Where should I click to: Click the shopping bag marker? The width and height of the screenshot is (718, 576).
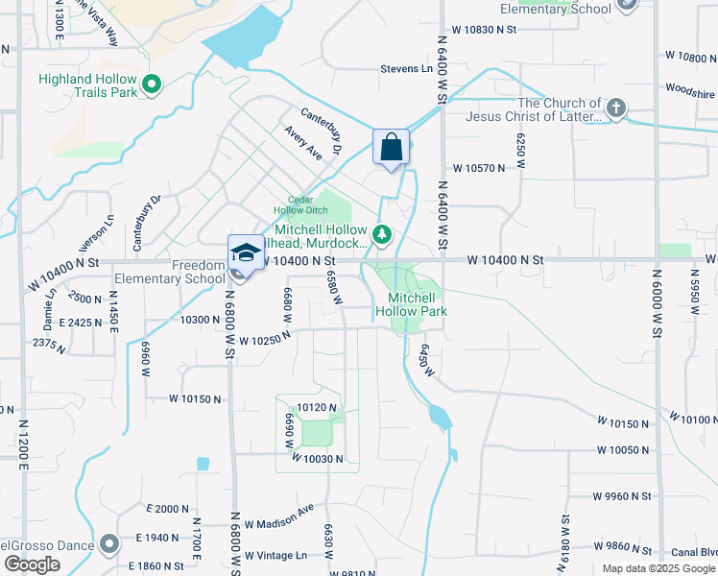pos(391,148)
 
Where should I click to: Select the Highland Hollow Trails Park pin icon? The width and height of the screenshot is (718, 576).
pos(151,86)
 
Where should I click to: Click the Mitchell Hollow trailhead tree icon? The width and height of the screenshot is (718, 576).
pos(382,233)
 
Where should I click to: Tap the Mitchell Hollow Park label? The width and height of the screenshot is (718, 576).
pos(412,304)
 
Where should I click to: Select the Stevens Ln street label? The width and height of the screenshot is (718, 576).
pos(406,69)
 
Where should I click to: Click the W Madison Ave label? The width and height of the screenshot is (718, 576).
pos(279,516)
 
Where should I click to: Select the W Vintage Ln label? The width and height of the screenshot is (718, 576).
pos(275,555)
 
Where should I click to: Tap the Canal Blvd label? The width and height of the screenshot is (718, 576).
pos(694,552)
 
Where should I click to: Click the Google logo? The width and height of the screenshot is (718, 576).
pos(32,564)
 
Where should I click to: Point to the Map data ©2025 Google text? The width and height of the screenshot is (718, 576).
pos(658,568)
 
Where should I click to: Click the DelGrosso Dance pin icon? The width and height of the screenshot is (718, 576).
pos(108,544)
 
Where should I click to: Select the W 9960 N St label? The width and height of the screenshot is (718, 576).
pos(622,496)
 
